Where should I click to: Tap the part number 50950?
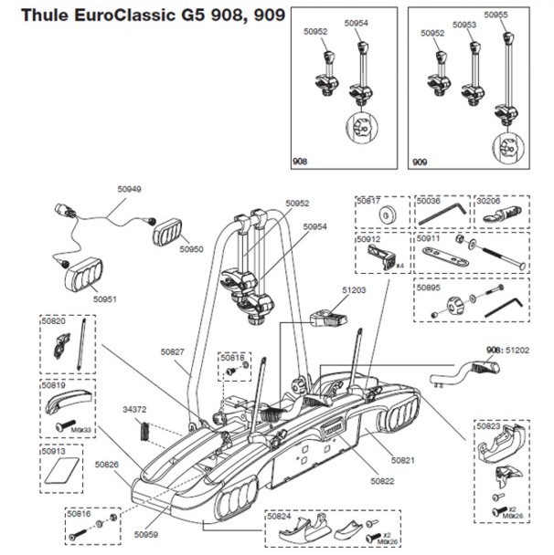click(192, 248)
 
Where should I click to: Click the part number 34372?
click(135, 410)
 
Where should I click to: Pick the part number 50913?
click(55, 451)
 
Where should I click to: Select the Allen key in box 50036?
click(442, 216)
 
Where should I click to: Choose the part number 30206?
click(493, 200)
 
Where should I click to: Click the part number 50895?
click(430, 286)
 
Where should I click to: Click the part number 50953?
click(465, 25)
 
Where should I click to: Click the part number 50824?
click(280, 517)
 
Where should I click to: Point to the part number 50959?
click(146, 535)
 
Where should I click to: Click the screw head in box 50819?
click(63, 425)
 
